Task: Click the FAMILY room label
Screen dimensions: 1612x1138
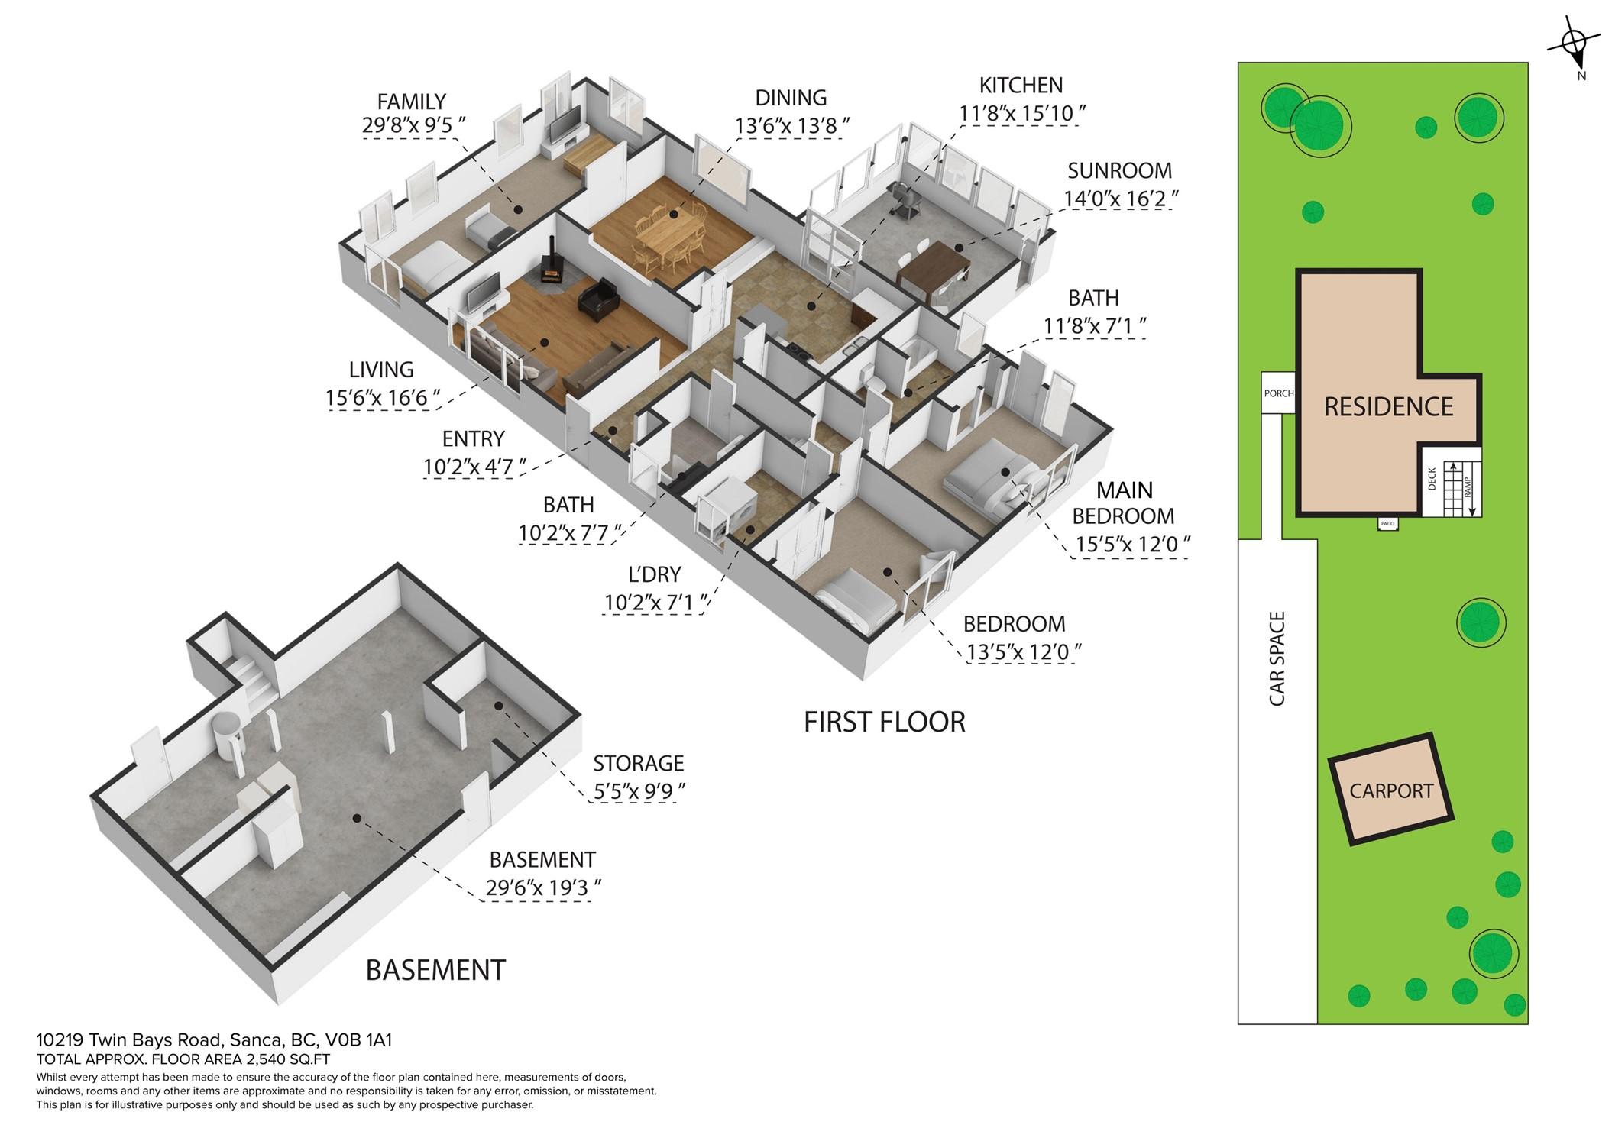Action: click(412, 102)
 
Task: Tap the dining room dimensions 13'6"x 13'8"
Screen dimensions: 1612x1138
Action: click(792, 125)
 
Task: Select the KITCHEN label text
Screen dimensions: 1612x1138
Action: click(1021, 85)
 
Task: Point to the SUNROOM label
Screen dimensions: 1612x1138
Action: click(1119, 170)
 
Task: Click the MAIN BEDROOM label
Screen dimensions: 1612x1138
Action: click(1124, 503)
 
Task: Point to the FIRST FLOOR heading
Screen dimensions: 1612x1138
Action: click(885, 722)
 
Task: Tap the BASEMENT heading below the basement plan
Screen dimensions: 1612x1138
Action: click(435, 970)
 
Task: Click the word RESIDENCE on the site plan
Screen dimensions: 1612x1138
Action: click(1388, 407)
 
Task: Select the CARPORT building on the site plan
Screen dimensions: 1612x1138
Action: click(1390, 790)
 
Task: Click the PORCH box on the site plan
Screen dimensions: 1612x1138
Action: click(1278, 393)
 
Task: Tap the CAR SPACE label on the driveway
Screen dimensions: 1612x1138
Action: click(1277, 658)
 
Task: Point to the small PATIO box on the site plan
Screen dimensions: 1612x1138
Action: click(1387, 524)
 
